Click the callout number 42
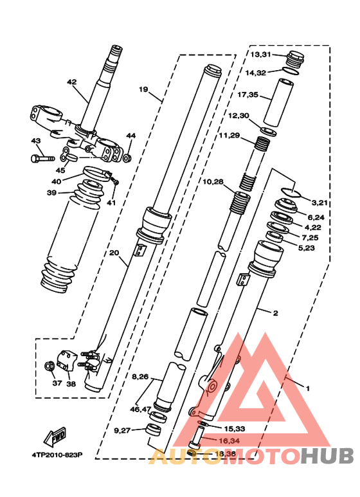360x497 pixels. [x=71, y=82]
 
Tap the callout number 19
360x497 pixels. [x=143, y=89]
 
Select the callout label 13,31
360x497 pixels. [x=262, y=55]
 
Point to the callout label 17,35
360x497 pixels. [x=248, y=95]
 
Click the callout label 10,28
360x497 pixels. [x=214, y=182]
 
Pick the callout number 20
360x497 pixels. [x=114, y=253]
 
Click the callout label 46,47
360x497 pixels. [x=141, y=409]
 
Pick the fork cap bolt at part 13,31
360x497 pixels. [x=296, y=59]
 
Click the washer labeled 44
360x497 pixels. [x=127, y=158]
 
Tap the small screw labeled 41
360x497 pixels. [x=115, y=183]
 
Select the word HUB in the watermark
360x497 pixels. [x=328, y=455]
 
